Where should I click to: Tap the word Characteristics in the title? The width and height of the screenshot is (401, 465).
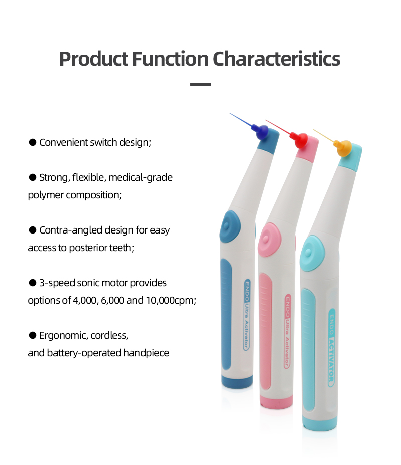277,59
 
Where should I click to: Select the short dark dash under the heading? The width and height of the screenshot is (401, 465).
200,84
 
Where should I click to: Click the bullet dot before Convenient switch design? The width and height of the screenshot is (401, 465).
32,142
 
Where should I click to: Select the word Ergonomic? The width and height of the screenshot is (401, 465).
63,335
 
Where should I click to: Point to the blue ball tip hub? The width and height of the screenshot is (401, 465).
261,133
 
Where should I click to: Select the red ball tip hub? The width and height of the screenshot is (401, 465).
301,140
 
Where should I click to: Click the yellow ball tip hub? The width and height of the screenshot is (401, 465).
343,148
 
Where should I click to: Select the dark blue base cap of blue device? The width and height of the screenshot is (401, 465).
237,382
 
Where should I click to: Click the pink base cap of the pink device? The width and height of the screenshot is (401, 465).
276,401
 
